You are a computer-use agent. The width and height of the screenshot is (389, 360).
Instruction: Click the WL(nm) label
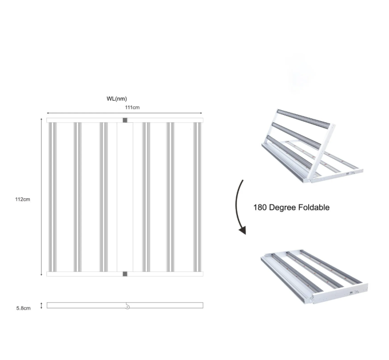tap(117, 99)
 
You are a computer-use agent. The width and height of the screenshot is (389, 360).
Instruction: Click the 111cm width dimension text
tap(132, 107)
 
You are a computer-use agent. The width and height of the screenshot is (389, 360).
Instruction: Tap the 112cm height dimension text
tap(22, 199)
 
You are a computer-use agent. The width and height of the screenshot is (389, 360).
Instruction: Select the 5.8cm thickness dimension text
tap(23, 308)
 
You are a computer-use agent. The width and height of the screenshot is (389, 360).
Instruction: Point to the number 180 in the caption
tap(260, 207)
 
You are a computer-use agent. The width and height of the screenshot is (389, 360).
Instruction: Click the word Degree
tap(283, 207)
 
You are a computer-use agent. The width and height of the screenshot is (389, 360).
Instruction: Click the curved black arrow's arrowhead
tap(243, 230)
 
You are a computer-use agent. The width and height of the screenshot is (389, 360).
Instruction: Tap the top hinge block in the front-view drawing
tap(125, 120)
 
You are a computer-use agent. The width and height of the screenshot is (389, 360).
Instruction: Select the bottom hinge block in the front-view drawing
tap(125, 274)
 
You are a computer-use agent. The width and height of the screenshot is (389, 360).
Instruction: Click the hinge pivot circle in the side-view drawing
tap(128, 307)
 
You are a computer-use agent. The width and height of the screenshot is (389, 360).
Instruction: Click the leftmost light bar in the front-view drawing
tap(53, 197)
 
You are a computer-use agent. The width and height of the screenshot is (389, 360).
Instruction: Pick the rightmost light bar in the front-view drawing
tap(197, 197)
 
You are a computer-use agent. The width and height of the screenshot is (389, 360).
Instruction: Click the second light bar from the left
tap(78, 197)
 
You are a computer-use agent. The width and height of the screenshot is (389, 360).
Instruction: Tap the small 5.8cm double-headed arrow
tap(41, 306)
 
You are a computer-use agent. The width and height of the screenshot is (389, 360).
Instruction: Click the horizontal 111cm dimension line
tap(125, 113)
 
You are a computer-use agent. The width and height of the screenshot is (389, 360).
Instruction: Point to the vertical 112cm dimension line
tap(41, 197)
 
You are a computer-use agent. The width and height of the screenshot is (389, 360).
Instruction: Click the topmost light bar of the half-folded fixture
tap(304, 119)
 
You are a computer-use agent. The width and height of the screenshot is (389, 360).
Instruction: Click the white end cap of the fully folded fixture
tap(340, 293)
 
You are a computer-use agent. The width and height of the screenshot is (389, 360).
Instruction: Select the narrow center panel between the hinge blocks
tap(125, 197)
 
